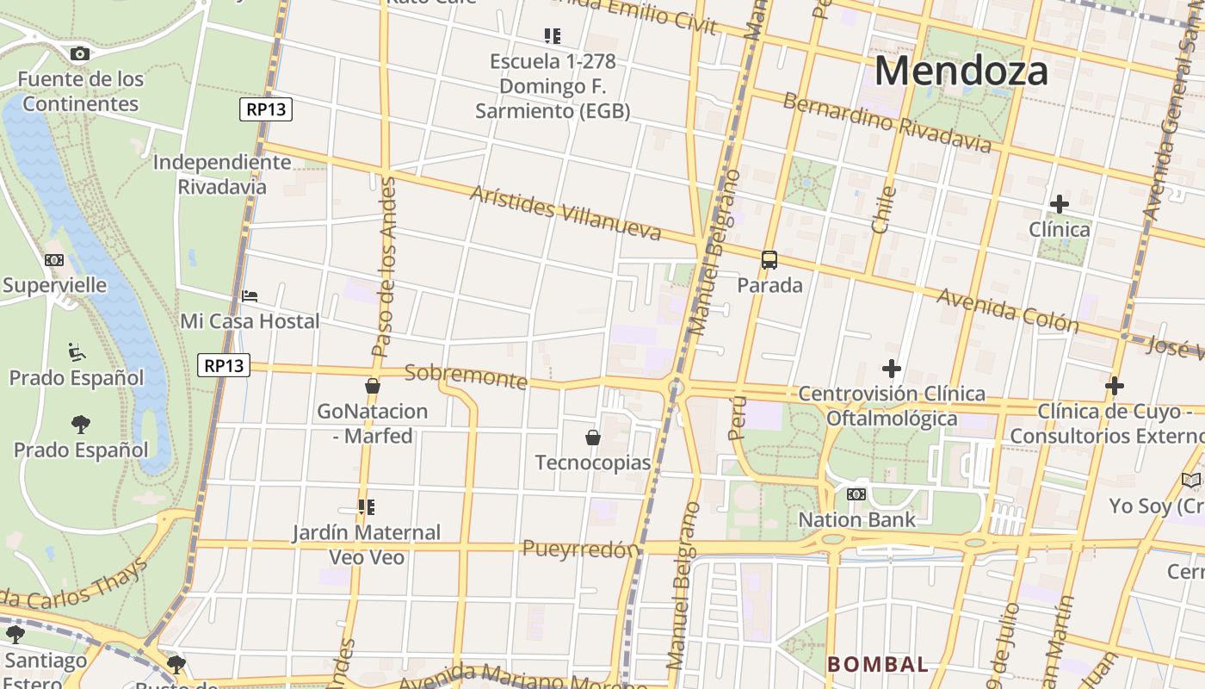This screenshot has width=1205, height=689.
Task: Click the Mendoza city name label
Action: pyautogui.click(x=961, y=71)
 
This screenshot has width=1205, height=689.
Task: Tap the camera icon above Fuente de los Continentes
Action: pyautogui.click(x=79, y=54)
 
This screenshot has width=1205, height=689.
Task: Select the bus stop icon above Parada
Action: pyautogui.click(x=769, y=259)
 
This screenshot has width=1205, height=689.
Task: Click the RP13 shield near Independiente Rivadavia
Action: pyautogui.click(x=267, y=109)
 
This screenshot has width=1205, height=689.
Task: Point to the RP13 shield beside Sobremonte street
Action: pyautogui.click(x=224, y=365)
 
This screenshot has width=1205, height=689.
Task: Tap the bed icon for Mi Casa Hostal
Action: pyautogui.click(x=250, y=296)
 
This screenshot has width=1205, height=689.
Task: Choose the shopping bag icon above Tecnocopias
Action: pyautogui.click(x=593, y=438)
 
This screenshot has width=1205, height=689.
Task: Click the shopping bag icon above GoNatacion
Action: pyautogui.click(x=373, y=386)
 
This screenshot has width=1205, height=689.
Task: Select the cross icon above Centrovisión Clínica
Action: pyautogui.click(x=892, y=369)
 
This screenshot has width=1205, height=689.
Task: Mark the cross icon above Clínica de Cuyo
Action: pyautogui.click(x=1115, y=385)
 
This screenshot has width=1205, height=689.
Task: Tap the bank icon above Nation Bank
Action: pyautogui.click(x=856, y=494)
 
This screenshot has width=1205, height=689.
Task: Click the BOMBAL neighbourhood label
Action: pyautogui.click(x=878, y=664)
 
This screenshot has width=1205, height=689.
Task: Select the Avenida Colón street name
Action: pyautogui.click(x=1007, y=310)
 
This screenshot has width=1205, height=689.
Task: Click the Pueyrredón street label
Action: pyautogui.click(x=581, y=549)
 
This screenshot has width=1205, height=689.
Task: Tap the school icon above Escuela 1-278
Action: pyautogui.click(x=553, y=36)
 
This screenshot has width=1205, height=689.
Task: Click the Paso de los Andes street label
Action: pyautogui.click(x=385, y=267)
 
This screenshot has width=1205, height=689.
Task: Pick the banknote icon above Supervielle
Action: pyautogui.click(x=54, y=260)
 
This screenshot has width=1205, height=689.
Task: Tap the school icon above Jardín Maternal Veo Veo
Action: pyautogui.click(x=367, y=507)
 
